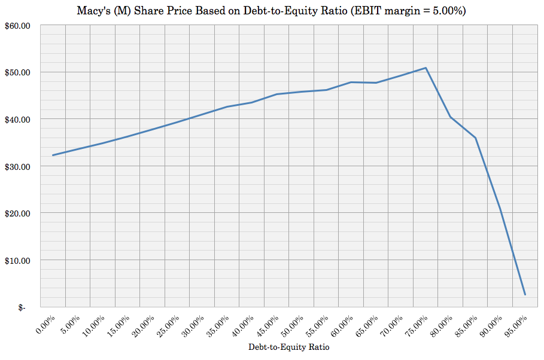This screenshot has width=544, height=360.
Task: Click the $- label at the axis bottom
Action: pyautogui.click(x=22, y=307)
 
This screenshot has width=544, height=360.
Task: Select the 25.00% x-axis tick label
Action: pyautogui.click(x=169, y=327)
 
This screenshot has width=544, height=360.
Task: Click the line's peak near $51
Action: pyautogui.click(x=426, y=68)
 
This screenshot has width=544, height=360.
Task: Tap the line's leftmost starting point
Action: pyautogui.click(x=53, y=155)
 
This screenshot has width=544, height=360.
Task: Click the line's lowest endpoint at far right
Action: pyautogui.click(x=525, y=295)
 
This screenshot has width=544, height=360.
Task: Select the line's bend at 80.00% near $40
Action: pyautogui.click(x=450, y=117)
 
